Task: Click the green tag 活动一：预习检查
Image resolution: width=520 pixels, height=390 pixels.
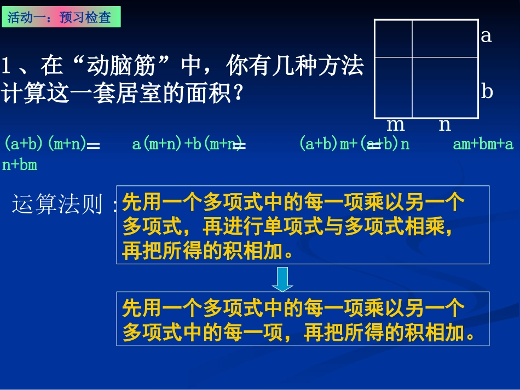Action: click(x=62, y=17)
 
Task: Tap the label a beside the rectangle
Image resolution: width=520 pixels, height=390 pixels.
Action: click(x=486, y=36)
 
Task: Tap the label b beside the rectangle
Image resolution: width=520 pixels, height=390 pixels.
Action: click(x=487, y=91)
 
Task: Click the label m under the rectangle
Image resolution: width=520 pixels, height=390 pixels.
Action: click(x=395, y=125)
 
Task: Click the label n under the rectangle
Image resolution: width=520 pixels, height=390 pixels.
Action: click(x=444, y=125)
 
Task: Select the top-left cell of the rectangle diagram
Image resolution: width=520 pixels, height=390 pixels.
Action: click(x=393, y=38)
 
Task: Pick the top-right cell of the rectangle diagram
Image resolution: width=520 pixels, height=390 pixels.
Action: click(x=446, y=38)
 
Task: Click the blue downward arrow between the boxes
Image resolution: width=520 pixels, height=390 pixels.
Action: click(x=282, y=279)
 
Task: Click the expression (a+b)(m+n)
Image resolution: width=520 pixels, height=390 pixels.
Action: click(x=45, y=144)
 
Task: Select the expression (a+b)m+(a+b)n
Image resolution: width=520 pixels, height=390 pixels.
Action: click(x=354, y=144)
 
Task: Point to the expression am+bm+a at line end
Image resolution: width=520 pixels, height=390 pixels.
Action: click(x=483, y=144)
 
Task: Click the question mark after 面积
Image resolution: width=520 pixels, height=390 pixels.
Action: click(x=238, y=94)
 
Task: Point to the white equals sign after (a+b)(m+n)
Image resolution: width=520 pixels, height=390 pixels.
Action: click(x=94, y=146)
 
